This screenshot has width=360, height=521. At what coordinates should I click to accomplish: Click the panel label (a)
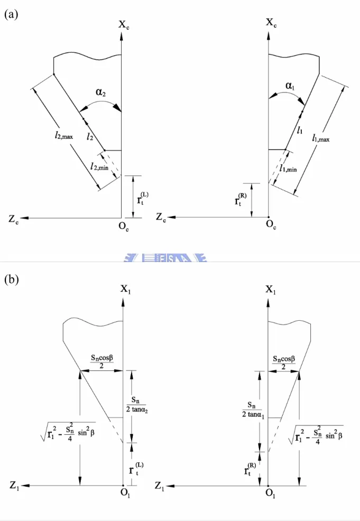(11, 15)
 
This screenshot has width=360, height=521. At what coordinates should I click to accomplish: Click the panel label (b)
(11, 280)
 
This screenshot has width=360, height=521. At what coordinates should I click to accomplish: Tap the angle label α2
(101, 92)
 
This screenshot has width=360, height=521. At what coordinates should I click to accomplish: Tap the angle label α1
(290, 86)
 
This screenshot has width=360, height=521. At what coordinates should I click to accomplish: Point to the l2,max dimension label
(64, 135)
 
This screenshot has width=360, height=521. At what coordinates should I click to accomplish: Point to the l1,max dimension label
(321, 138)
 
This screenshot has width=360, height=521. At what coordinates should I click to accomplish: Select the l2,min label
(99, 166)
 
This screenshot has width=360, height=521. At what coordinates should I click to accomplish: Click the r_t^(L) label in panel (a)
(142, 198)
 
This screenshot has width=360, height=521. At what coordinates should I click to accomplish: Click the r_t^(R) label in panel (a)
(241, 199)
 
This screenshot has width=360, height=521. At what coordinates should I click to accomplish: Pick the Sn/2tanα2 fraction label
(137, 404)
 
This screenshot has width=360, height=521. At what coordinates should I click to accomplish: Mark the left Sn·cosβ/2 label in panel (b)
(101, 361)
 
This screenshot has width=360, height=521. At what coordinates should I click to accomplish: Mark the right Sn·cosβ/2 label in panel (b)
(284, 362)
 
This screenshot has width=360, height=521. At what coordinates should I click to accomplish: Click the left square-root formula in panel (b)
(68, 431)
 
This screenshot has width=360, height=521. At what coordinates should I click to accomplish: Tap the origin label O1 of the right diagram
(271, 493)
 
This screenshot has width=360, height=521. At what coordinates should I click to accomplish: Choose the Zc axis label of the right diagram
(161, 218)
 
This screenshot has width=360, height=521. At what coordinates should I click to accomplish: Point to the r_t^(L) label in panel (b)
(136, 469)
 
